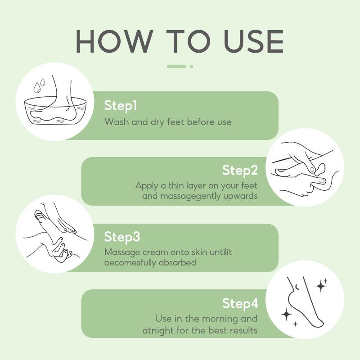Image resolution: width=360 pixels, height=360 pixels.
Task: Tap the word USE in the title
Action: coord(254,41)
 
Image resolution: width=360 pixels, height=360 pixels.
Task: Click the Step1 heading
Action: coord(121,106)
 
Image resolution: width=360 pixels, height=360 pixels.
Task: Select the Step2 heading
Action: coord(240,171)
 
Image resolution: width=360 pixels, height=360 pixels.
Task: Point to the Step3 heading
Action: coord(122,237)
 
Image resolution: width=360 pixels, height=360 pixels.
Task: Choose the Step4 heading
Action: coord(240,303)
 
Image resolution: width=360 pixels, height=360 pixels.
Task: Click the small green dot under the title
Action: coord(191,66)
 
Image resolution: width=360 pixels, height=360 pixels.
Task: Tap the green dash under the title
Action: coord(176,66)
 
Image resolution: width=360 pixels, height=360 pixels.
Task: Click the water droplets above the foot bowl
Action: coord(39,85)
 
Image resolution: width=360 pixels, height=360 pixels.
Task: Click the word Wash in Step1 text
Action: coord(117,122)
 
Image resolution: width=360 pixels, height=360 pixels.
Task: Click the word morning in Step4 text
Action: coord(220,319)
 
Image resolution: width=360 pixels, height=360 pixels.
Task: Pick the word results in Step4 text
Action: coord(243,330)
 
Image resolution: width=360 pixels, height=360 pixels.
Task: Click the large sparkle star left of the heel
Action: coord(287,315)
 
